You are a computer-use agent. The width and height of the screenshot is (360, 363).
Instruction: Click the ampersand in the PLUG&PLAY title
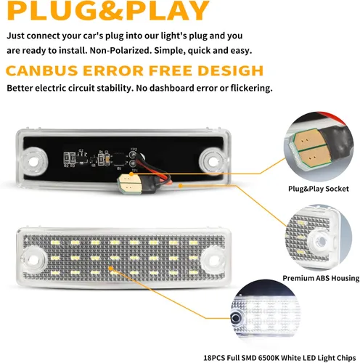pos(110,10)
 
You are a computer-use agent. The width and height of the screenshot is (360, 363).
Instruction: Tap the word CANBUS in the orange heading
pos(41,71)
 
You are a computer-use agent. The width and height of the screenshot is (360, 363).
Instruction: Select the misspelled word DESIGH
pos(230,71)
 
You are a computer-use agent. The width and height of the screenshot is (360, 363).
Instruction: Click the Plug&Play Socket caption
pos(319,189)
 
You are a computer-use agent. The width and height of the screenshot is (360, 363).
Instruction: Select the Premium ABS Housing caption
pos(321,278)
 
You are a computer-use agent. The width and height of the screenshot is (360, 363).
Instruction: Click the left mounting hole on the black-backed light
pos(33,161)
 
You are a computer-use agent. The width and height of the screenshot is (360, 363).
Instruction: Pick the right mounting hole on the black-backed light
pos(213,161)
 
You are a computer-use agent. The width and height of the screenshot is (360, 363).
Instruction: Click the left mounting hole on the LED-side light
pos(33,260)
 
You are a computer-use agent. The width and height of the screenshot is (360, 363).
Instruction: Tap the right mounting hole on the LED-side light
pos(214,260)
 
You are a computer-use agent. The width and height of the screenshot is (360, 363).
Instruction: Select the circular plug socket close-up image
pos(319,147)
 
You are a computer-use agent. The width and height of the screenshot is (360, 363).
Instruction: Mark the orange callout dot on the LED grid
pos(110,268)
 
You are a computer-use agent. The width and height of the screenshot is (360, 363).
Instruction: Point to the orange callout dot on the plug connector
pos(131,174)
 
